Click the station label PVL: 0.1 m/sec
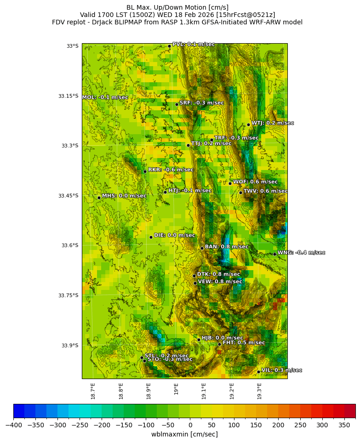(x=194, y=45)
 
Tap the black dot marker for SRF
(x=177, y=104)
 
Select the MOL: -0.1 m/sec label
(x=105, y=97)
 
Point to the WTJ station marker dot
(x=248, y=125)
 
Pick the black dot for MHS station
(x=99, y=198)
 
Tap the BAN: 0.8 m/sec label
(x=226, y=247)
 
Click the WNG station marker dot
(x=274, y=254)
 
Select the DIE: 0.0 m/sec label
(x=174, y=235)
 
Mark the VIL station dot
(x=258, y=372)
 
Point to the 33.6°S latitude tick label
(x=68, y=245)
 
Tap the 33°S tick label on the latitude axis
(x=72, y=46)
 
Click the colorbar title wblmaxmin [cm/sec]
(x=184, y=434)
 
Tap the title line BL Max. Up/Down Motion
(x=177, y=7)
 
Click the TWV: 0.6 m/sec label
(x=265, y=191)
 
